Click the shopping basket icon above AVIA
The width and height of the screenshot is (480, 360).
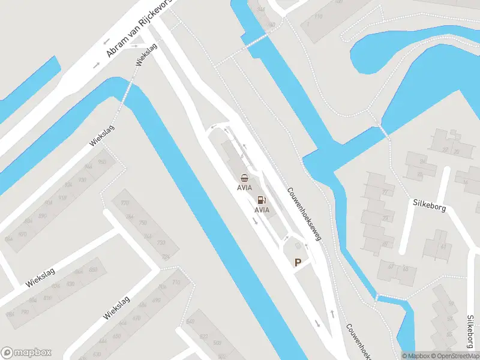click(x=244, y=178)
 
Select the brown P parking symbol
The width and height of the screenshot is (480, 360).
click(x=298, y=262)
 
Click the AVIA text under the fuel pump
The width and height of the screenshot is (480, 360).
click(x=262, y=210)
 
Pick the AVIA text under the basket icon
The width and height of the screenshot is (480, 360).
click(x=244, y=187)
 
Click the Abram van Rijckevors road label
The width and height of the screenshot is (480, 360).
click(x=139, y=29)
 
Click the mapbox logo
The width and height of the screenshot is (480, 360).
click(x=26, y=353)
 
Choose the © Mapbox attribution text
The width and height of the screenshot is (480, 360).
click(x=416, y=356)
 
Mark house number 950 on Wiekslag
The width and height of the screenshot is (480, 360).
click(x=101, y=162)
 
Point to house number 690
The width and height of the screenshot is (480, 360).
click(x=156, y=300)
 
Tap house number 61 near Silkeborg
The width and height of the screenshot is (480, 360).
click(x=444, y=246)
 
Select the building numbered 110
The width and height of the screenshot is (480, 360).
click(x=317, y=17)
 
